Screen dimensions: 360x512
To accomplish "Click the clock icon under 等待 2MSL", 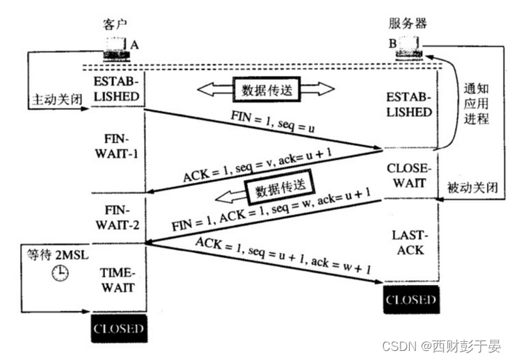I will click(61, 273).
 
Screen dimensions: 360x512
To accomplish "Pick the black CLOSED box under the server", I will click(412, 300).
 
